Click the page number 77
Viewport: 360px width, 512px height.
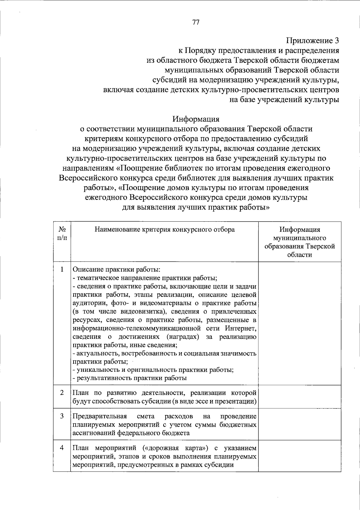pos(196,22)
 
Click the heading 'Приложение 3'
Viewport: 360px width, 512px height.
pos(312,41)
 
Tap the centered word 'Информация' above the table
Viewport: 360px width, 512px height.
pos(196,119)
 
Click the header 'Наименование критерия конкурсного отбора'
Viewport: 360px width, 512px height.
pos(165,230)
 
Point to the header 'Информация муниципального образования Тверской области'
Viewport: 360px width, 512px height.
pos(299,242)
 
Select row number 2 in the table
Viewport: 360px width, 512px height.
pos(62,393)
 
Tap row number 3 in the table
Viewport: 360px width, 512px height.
pos(62,416)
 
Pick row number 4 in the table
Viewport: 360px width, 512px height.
pos(62,448)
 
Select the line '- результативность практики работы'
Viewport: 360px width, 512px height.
pos(130,378)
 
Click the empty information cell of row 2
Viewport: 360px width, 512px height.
pos(299,396)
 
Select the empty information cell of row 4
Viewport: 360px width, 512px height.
pos(299,456)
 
